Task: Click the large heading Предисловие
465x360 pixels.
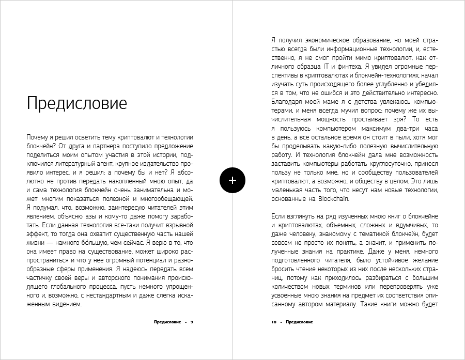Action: pos(76,103)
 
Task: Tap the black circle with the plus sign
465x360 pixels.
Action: pos(233,180)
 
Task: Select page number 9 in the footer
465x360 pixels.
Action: pos(191,322)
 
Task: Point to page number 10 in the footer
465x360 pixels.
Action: pos(274,322)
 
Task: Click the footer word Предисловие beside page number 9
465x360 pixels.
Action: pos(167,322)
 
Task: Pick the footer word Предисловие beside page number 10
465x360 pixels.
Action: pos(299,322)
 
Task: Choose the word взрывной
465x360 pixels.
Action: pos(177,225)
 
